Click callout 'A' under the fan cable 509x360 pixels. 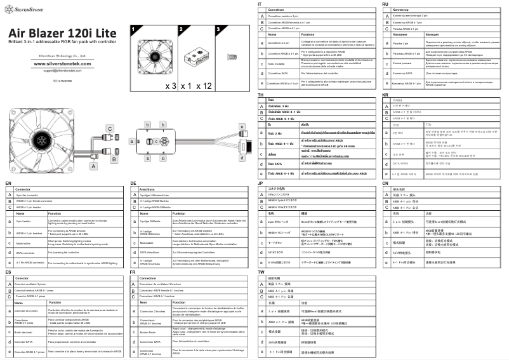coord(94,165)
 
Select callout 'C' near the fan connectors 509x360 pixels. coord(110,129)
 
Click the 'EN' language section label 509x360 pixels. coord(8,183)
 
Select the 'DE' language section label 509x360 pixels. coord(134,183)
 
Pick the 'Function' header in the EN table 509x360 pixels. coord(55,214)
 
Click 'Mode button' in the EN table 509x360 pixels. coord(23,242)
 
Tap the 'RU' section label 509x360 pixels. coord(385,4)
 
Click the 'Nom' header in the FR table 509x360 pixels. coord(143,302)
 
